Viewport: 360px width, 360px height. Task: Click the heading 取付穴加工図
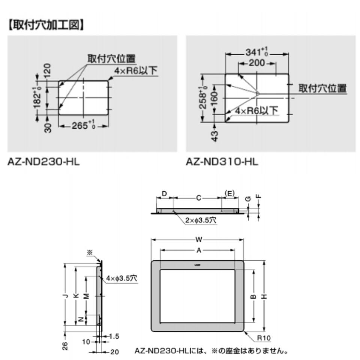point(46,25)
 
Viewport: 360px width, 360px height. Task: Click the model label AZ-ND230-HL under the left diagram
point(43,162)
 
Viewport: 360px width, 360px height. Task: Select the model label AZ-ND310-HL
point(222,162)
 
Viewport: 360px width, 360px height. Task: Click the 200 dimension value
point(256,63)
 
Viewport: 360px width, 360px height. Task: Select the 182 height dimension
point(37,97)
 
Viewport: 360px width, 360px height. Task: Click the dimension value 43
point(214,136)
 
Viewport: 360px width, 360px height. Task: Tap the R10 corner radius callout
point(264,338)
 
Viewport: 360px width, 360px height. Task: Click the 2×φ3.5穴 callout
point(201,220)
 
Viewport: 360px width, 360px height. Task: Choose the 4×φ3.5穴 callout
point(121,279)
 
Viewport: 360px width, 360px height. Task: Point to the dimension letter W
point(199,240)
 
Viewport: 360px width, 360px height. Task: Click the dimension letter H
point(264,297)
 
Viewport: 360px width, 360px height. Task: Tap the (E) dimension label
point(229,193)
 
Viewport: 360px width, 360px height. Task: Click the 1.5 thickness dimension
point(114,336)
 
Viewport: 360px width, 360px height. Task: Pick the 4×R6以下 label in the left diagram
point(136,70)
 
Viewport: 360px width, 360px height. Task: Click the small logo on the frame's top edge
point(198,265)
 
